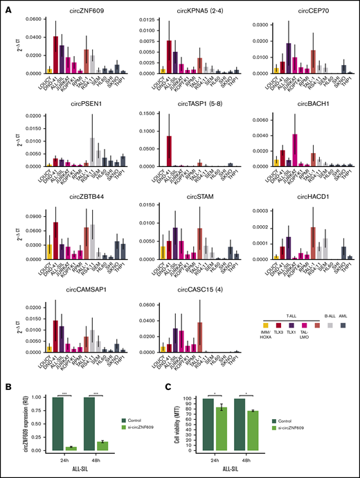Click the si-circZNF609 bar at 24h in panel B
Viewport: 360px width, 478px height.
click(x=69, y=448)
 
